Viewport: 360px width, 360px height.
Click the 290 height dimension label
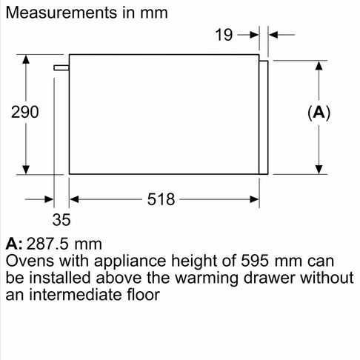[25, 112]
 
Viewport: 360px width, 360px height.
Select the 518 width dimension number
[161, 199]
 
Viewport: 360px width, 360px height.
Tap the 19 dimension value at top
[224, 35]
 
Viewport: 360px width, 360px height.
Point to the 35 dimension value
[61, 219]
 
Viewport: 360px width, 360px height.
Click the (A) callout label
[319, 113]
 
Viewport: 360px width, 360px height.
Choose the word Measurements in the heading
[61, 13]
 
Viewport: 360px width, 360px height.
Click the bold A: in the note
[14, 244]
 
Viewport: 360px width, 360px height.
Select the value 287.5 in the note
[47, 244]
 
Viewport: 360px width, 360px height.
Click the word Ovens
[30, 261]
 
